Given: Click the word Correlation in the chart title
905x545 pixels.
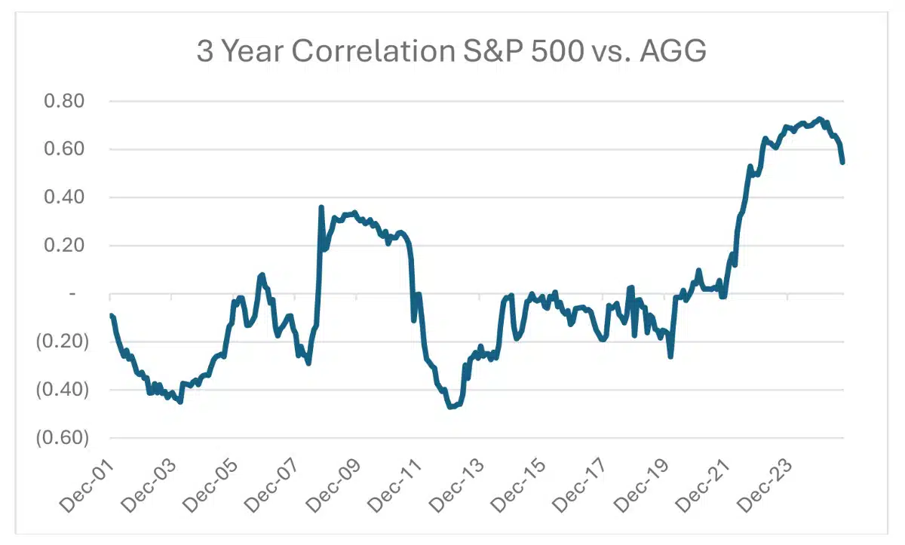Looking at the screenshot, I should click(371, 51).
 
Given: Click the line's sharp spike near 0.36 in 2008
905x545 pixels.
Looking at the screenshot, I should click(321, 207).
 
